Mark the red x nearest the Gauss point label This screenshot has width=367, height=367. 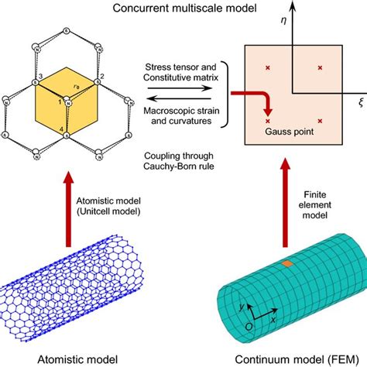click(x=269, y=121)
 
